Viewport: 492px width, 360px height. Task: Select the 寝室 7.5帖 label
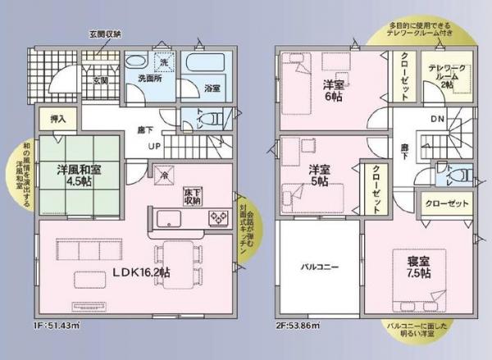(x=419, y=267)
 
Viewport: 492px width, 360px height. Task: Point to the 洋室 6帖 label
(x=332, y=89)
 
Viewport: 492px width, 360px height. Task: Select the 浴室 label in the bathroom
(x=212, y=88)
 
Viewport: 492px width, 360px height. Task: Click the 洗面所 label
(x=149, y=80)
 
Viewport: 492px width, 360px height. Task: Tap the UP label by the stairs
(x=154, y=147)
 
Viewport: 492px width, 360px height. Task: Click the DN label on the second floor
(x=438, y=119)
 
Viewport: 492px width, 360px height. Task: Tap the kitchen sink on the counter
(x=168, y=218)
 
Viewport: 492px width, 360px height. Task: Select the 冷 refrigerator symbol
(x=164, y=175)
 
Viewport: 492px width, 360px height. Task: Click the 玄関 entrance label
(x=100, y=80)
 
